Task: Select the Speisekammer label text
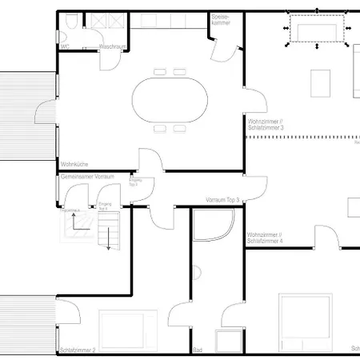pos(221,18)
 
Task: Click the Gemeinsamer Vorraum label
pos(87,175)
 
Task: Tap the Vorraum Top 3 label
pos(222,199)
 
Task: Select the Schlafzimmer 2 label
pos(77,350)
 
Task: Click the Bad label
pos(198,350)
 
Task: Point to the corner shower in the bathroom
pos(209,226)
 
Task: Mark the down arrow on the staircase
pos(107,240)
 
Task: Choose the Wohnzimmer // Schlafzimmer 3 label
pos(266,125)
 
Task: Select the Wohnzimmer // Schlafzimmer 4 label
pos(266,238)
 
